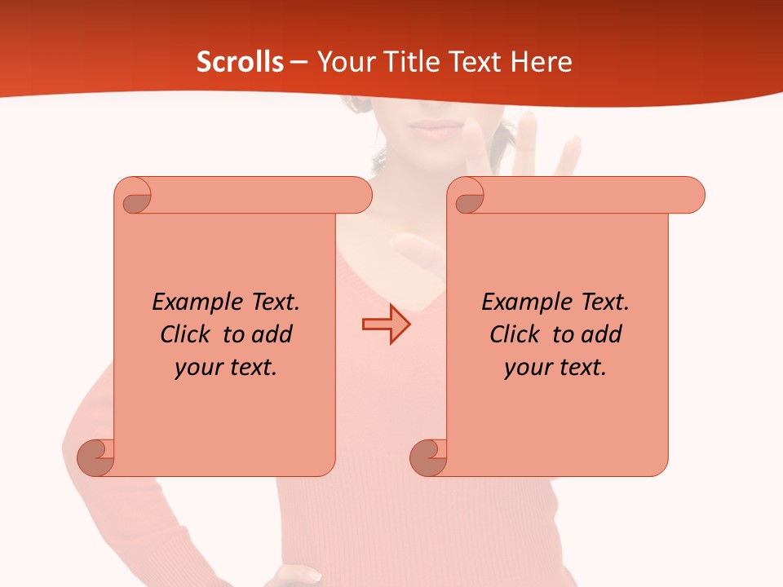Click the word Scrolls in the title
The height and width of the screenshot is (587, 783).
pyautogui.click(x=241, y=62)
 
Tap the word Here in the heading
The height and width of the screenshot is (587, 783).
pyautogui.click(x=541, y=62)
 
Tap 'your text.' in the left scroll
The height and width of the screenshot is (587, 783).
pyautogui.click(x=226, y=367)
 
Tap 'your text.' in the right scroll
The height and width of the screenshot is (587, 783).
pyautogui.click(x=555, y=367)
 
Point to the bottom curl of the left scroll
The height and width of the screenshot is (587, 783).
pyautogui.click(x=95, y=457)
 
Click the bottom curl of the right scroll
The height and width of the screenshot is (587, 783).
pyautogui.click(x=428, y=457)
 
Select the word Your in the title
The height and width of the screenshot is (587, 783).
pyautogui.click(x=343, y=62)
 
